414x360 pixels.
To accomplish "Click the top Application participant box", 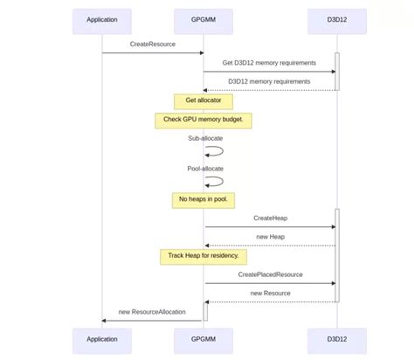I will (102, 20).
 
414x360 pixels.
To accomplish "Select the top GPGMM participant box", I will (204, 20).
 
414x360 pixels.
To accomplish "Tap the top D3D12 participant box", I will (336, 20).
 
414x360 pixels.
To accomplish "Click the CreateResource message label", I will (153, 44).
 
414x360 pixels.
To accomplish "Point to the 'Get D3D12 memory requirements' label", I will (270, 63).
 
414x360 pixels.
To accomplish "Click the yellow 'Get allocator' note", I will (204, 101).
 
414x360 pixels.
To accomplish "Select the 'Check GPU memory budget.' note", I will (204, 120).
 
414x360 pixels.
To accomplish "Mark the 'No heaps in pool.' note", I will (204, 200).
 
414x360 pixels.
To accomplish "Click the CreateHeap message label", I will (271, 218).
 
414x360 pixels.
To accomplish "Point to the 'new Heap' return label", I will (271, 237).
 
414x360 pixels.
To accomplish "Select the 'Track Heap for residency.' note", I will (204, 257).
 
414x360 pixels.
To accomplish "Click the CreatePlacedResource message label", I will (271, 274).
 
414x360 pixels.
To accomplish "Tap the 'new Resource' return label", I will (271, 294).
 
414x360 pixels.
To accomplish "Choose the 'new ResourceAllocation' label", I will (153, 312).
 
